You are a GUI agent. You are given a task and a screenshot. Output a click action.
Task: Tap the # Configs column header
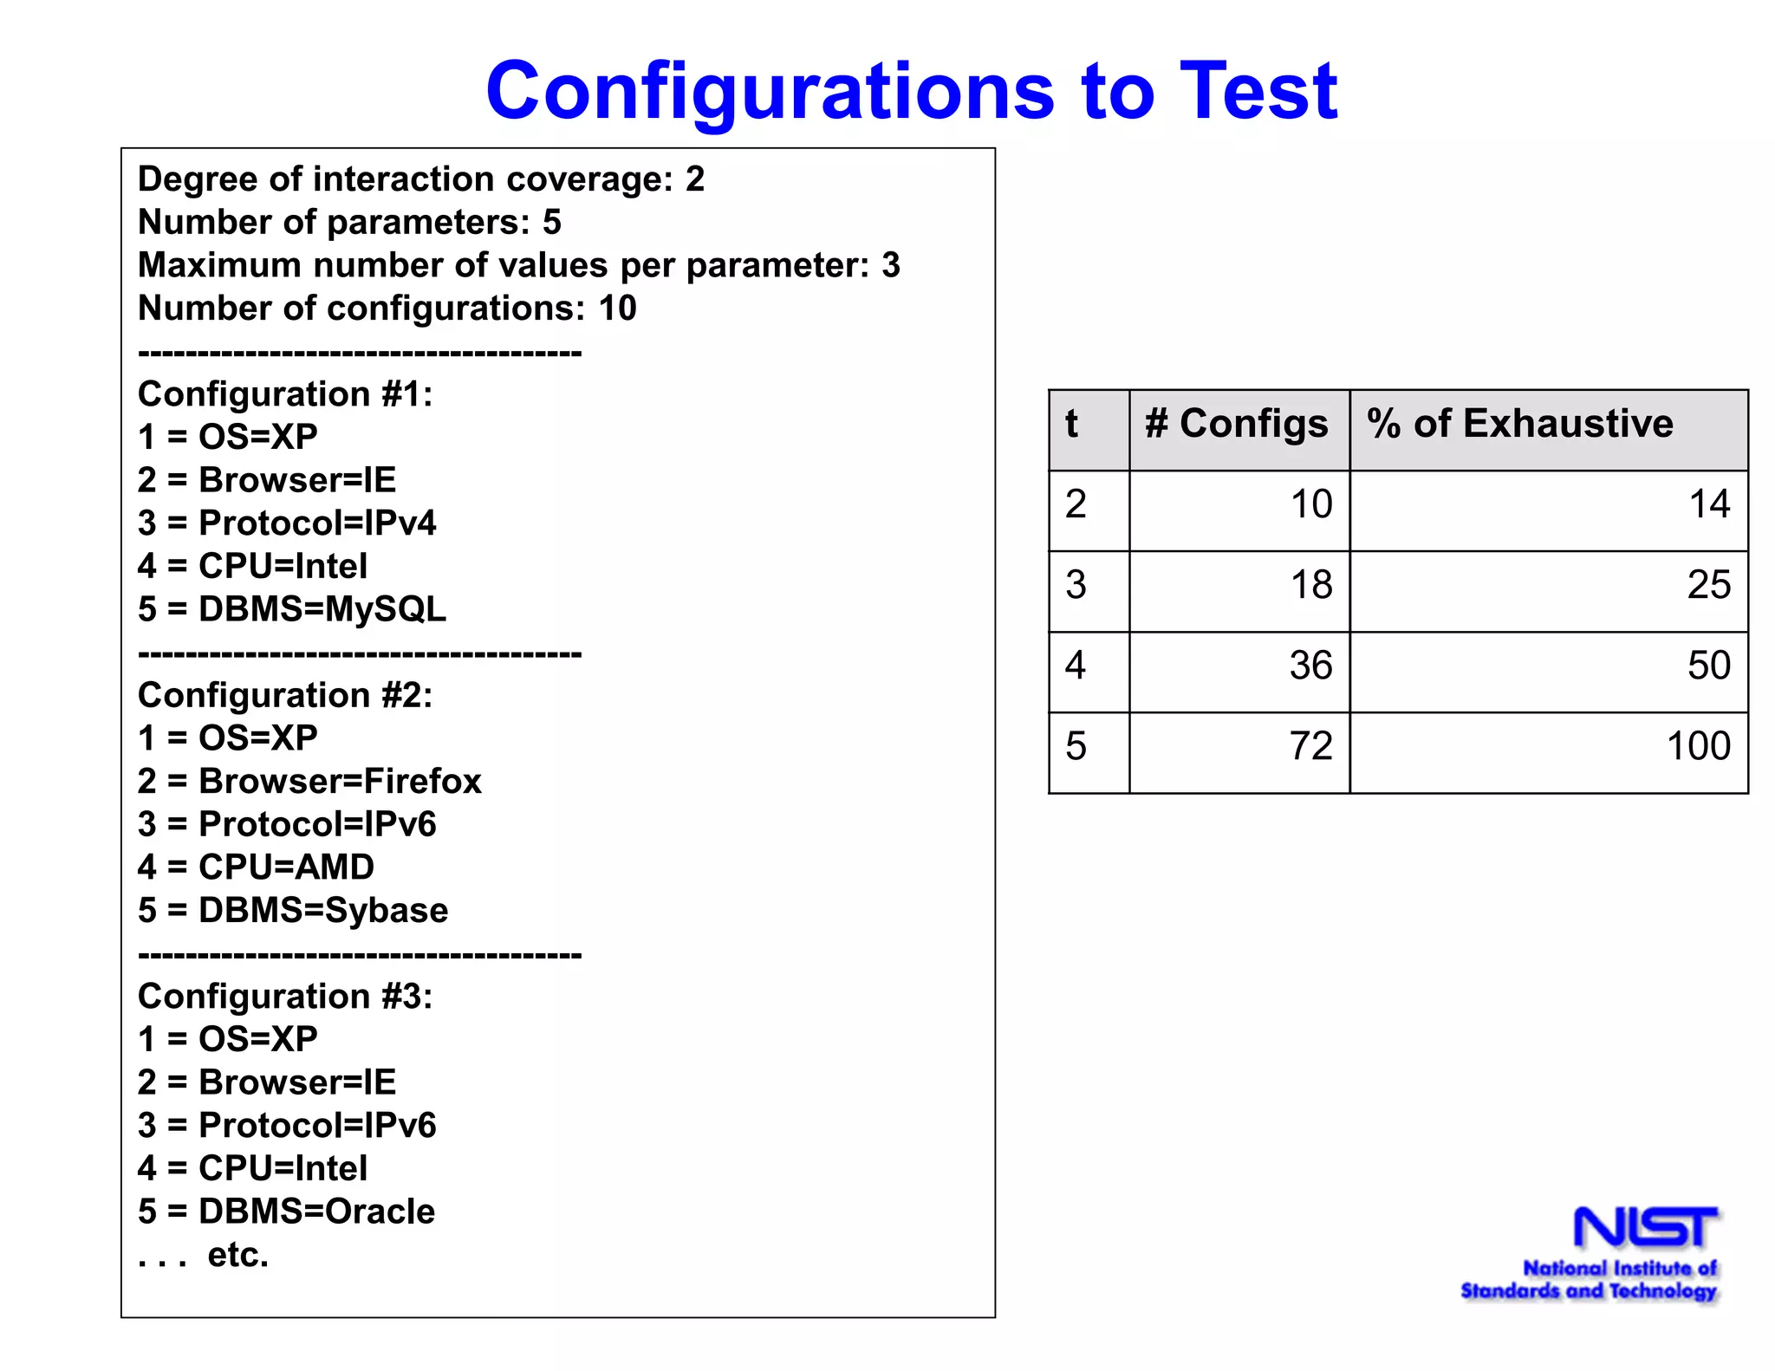[x=1237, y=424]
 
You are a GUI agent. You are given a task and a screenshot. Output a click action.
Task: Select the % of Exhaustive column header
[x=1520, y=424]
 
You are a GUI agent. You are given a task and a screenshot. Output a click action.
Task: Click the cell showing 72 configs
[x=1310, y=746]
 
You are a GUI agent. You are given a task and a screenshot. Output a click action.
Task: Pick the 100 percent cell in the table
[x=1698, y=746]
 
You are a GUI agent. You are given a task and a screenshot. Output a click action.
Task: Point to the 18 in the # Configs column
[x=1310, y=585]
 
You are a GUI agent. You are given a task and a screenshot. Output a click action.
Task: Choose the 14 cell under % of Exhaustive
[x=1709, y=504]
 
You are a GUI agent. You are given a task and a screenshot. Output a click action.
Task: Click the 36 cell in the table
[x=1310, y=666]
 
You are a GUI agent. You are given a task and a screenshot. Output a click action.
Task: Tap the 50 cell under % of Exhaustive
[x=1708, y=666]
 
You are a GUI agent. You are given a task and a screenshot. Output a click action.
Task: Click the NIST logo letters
[x=1645, y=1228]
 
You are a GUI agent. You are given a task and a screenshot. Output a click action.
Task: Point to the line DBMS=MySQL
[x=292, y=609]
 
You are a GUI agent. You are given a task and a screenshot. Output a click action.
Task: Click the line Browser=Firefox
[x=309, y=782]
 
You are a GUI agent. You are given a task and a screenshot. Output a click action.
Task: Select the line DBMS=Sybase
[x=293, y=911]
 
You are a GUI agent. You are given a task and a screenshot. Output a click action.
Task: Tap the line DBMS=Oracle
[x=286, y=1212]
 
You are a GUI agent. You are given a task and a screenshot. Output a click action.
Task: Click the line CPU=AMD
[x=256, y=867]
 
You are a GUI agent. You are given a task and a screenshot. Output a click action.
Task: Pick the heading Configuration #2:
[x=285, y=696]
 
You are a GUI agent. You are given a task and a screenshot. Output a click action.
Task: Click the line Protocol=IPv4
[x=287, y=523]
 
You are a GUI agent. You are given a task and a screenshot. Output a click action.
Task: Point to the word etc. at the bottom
[x=238, y=1255]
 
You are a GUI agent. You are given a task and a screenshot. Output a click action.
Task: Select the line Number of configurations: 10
[x=387, y=309]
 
